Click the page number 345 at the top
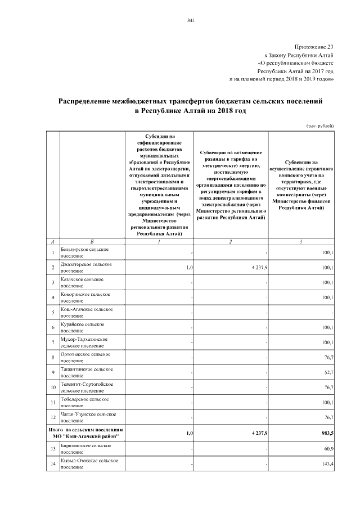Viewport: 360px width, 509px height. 190,21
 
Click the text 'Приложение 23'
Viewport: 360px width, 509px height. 314,47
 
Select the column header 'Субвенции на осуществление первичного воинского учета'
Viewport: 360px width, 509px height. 302,184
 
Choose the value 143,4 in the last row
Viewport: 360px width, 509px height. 327,464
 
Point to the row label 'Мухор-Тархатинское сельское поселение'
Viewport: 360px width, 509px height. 84,343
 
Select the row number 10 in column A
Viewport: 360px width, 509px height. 52,388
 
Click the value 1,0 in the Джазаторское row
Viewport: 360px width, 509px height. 190,267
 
